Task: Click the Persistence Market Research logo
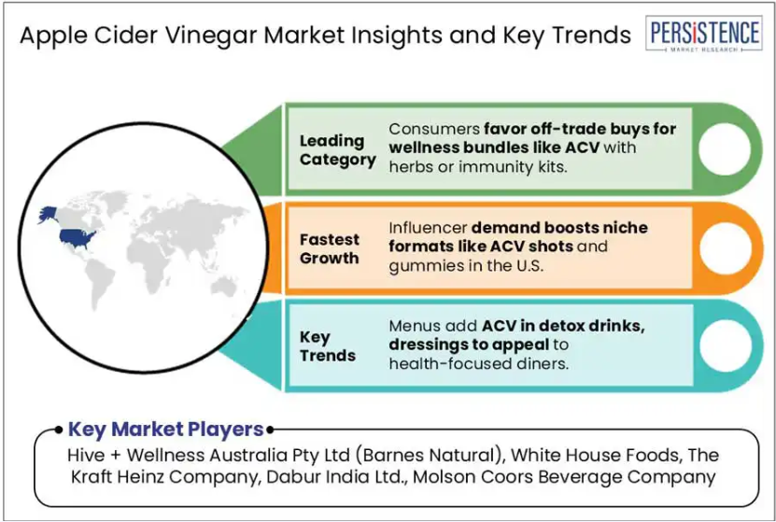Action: click(703, 34)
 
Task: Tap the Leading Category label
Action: click(337, 150)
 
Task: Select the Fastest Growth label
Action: click(329, 249)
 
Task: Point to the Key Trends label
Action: click(327, 346)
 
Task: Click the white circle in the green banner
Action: click(725, 148)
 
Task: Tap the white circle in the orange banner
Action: click(725, 247)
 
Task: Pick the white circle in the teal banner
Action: click(725, 346)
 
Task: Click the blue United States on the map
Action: click(78, 238)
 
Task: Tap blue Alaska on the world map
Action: click(48, 215)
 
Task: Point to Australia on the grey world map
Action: click(224, 286)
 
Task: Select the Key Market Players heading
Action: click(165, 429)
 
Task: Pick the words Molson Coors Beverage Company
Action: click(564, 477)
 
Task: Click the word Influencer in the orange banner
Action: click(428, 228)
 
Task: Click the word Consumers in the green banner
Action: click(434, 129)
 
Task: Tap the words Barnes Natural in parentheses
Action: click(429, 455)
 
